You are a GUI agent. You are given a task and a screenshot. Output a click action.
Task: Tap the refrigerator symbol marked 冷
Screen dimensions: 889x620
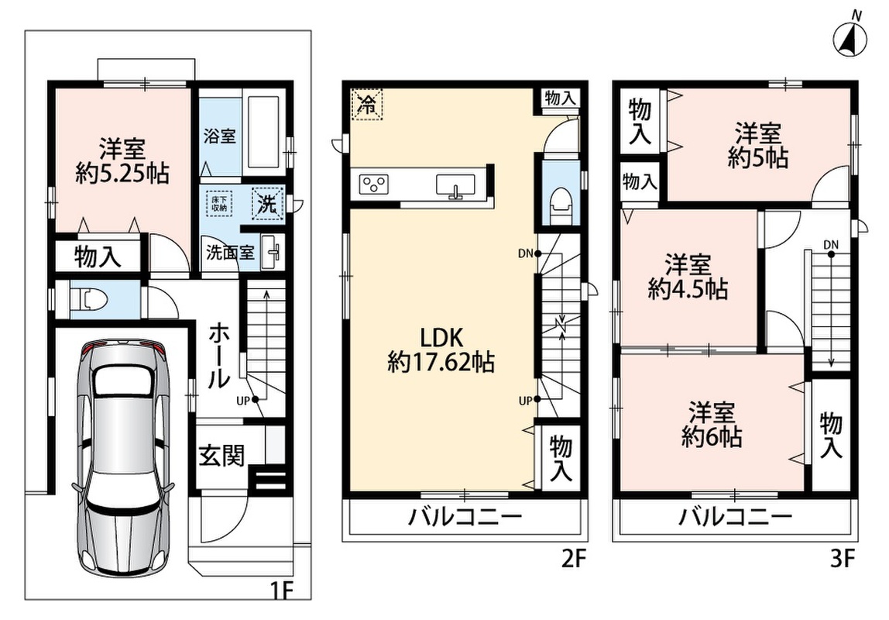pos(367,105)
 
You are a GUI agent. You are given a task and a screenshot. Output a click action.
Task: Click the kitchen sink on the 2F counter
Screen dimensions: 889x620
pos(454,185)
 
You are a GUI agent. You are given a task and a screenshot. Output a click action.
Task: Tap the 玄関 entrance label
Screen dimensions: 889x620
pos(221,454)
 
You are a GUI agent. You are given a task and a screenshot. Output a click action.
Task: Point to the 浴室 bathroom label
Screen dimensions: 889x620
pos(219,136)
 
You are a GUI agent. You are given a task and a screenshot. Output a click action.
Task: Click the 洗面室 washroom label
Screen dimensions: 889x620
pos(230,253)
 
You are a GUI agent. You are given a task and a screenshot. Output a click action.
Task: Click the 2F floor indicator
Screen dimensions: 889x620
pos(571,559)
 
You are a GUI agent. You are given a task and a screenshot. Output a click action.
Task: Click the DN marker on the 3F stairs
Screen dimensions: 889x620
pos(831,245)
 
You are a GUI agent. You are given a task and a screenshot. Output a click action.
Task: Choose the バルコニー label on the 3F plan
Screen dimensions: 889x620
pos(736,517)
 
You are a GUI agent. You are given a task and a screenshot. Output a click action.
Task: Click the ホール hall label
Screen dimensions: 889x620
pos(219,356)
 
